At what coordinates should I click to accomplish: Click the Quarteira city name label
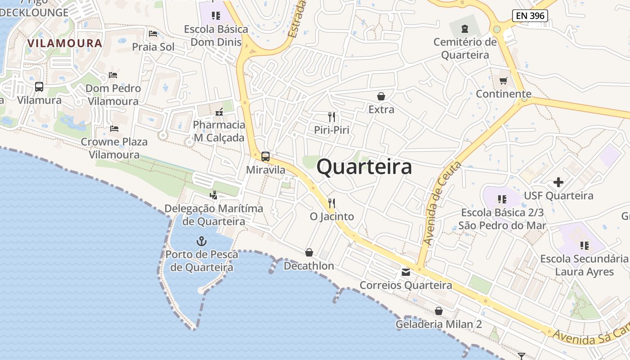coord(364,167)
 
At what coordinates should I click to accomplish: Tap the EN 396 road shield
coord(530,16)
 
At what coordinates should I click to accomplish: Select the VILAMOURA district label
coord(65,43)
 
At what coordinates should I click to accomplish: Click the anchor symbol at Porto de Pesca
coord(201,241)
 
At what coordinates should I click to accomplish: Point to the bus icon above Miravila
coord(265,157)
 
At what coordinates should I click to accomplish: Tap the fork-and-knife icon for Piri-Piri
coord(332,117)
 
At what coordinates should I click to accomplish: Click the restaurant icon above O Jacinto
coord(332,203)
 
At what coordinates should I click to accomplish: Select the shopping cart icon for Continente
coord(503,81)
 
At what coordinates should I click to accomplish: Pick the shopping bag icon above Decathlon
coord(309,253)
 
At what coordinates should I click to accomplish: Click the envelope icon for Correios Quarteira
coord(406,272)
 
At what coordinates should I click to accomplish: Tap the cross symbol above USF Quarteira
coord(558,182)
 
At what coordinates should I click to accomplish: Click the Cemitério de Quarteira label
coord(465,49)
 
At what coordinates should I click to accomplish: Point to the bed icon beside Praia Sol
coord(153,34)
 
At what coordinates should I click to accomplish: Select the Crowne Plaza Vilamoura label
coord(114,148)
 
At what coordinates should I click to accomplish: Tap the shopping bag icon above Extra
coord(381,96)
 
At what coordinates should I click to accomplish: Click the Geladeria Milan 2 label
coord(438,324)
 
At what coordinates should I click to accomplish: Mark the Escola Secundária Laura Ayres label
coord(584,265)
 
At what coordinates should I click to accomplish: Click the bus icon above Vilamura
coord(39,87)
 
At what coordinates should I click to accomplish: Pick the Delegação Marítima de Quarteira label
coord(214,215)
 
